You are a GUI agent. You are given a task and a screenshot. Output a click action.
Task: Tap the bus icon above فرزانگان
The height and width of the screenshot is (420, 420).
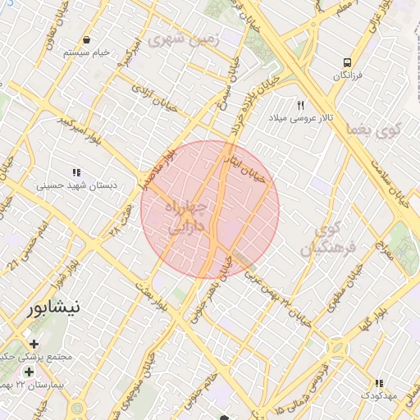tap(348, 62)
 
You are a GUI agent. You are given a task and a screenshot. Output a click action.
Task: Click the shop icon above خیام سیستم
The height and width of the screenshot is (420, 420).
tap(86, 39)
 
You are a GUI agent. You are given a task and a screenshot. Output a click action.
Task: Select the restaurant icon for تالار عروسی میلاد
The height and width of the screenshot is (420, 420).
tap(301, 106)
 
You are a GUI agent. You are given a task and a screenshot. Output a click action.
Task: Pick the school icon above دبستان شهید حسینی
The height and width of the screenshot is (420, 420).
tap(76, 172)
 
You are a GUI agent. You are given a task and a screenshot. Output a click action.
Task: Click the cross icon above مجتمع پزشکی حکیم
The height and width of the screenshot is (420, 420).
tap(34, 344)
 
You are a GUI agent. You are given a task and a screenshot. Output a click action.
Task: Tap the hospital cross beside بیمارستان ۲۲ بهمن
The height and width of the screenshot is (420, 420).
tap(30, 372)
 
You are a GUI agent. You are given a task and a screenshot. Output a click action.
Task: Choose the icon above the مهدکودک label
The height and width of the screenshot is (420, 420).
tap(378, 383)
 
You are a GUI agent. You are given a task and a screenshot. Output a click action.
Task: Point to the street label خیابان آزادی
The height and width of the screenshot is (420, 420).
tap(155, 95)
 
